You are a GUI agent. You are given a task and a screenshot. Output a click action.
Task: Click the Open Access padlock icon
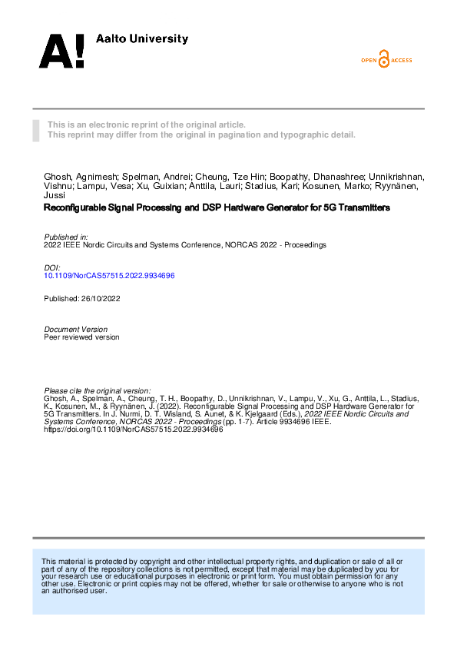[x=385, y=59]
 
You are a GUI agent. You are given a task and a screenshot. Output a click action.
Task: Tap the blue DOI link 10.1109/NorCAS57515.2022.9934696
[x=109, y=275]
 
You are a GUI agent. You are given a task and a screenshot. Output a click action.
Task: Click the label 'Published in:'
[x=66, y=237]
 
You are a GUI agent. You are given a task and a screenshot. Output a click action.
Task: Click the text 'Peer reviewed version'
[x=82, y=337]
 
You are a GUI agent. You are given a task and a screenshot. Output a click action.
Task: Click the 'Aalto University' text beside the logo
[x=141, y=39]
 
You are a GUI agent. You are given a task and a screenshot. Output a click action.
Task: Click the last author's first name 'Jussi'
[x=55, y=195]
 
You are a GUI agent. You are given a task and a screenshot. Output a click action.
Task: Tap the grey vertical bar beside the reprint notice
[x=35, y=130]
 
